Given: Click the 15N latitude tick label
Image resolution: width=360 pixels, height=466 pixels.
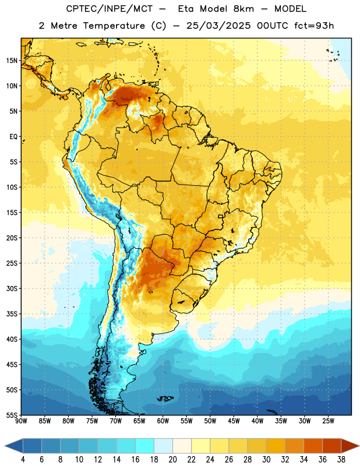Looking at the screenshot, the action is [x=12, y=61].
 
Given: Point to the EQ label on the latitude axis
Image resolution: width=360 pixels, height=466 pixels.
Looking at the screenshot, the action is [x=13, y=137].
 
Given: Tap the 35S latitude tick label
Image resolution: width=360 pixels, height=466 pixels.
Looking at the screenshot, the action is [x=12, y=314].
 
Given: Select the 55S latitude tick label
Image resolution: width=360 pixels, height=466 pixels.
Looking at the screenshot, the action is [x=12, y=415].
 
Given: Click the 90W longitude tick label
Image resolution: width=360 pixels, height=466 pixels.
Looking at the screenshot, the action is [x=21, y=421].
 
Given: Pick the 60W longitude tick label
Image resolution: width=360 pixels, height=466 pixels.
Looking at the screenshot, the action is [x=163, y=421].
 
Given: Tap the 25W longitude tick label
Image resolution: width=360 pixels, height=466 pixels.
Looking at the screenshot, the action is [x=328, y=421].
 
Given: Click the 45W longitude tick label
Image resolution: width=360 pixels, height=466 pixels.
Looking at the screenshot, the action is [x=234, y=421].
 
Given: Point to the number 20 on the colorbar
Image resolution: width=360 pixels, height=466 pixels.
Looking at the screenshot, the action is [x=172, y=460].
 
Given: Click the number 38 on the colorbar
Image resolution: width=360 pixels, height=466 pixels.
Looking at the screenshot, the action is [x=341, y=460].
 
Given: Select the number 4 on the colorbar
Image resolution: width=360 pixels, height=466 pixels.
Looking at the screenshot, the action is [x=23, y=460].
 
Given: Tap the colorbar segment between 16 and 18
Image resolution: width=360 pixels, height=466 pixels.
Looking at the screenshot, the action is [x=145, y=446].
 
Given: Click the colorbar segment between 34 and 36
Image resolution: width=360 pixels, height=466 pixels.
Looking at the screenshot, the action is [x=313, y=446].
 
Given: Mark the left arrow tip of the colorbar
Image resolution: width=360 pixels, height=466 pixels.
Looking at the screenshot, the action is [x=5, y=446].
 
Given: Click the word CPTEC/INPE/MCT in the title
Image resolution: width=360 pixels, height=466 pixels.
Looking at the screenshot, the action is [x=109, y=9].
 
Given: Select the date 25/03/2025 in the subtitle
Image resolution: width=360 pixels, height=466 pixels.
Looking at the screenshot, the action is [x=218, y=26].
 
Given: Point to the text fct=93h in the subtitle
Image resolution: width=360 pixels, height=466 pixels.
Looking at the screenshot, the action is [x=314, y=26].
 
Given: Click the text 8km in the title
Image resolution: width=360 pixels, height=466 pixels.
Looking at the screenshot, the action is [x=243, y=9].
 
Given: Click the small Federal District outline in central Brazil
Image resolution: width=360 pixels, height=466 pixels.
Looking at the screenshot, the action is [x=221, y=217].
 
